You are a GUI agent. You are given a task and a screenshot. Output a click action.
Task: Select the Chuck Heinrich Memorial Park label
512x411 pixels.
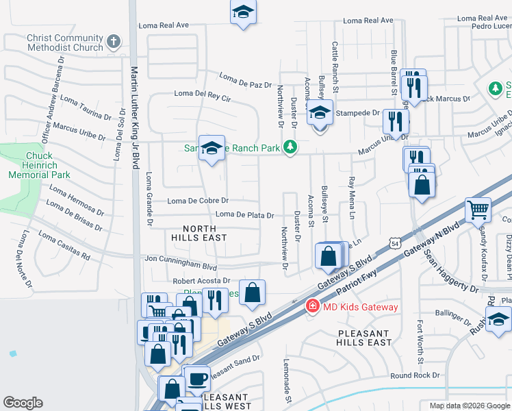tap(39, 165)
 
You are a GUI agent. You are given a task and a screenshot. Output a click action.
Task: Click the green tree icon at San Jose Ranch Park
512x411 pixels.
tap(291, 147)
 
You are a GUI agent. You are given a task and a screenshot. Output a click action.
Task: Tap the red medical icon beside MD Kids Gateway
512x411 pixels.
tap(313, 306)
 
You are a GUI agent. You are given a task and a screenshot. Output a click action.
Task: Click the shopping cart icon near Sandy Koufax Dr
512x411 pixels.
tap(478, 210)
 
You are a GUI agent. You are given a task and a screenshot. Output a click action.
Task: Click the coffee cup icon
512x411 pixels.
tap(198, 377)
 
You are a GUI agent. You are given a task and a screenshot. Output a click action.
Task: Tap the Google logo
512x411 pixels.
tap(23, 403)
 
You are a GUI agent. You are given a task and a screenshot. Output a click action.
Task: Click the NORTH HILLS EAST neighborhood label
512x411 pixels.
tap(199, 232)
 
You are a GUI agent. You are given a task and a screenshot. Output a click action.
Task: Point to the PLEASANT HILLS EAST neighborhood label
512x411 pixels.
tap(364, 337)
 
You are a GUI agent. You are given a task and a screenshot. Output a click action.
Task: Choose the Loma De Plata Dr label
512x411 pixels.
tap(245, 215)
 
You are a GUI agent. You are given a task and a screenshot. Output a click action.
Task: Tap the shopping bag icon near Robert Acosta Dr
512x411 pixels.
tap(253, 292)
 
